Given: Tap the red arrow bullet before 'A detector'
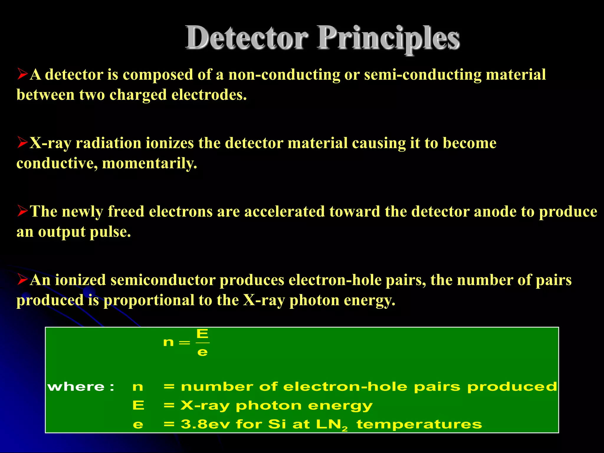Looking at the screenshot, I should pos(22,74).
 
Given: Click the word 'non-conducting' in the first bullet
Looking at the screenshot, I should pos(284,75).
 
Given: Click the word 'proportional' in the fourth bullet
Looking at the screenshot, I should pos(148,301).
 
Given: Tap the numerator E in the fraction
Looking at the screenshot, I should pos(202,334).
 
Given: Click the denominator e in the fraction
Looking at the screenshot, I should pos(202,352).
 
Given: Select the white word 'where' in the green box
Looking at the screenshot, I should pos(76,387).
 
